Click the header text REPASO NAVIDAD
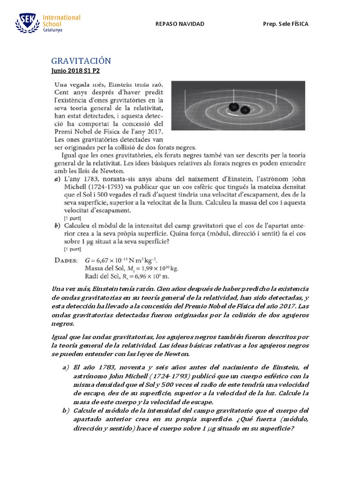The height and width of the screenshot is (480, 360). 180,24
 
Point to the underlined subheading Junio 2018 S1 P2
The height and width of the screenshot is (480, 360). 75,71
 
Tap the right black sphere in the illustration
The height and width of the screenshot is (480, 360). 245,110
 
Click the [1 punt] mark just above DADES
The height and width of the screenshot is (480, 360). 72,249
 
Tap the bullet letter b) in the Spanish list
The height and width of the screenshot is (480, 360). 66,411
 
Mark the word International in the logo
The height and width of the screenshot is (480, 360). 61,17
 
